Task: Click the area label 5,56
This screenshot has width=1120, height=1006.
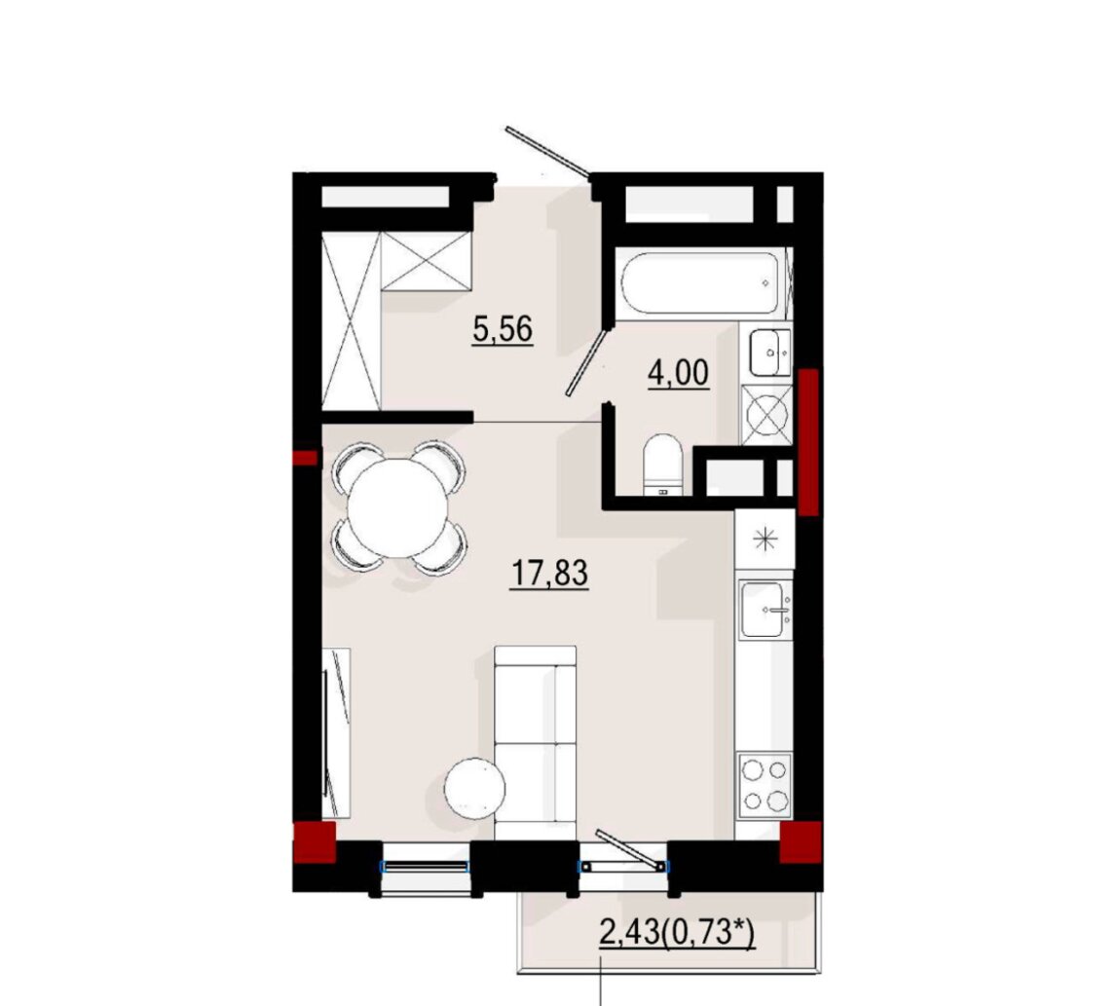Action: click(503, 330)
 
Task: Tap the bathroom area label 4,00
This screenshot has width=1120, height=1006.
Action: click(679, 373)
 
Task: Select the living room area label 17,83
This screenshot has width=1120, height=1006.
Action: click(550, 573)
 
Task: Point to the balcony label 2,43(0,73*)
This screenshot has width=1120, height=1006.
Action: click(677, 934)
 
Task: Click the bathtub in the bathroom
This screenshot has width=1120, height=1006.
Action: click(699, 283)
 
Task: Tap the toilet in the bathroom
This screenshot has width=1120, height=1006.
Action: click(663, 466)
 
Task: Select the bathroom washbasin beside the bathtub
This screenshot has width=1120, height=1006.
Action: click(770, 353)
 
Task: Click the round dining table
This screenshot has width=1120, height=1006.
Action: click(398, 508)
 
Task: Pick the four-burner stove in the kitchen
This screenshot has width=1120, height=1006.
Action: click(765, 786)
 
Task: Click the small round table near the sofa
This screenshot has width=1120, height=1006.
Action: click(475, 788)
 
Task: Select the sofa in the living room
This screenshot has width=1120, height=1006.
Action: click(536, 743)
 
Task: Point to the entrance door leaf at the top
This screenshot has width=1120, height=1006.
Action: click(547, 151)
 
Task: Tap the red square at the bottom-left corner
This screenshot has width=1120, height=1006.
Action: click(315, 842)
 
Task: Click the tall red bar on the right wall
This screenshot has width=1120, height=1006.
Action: click(808, 441)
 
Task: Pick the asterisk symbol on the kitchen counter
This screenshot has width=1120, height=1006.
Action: click(765, 538)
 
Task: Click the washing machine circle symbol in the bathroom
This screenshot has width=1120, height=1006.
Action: click(766, 415)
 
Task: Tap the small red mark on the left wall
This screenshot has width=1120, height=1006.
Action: click(306, 458)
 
